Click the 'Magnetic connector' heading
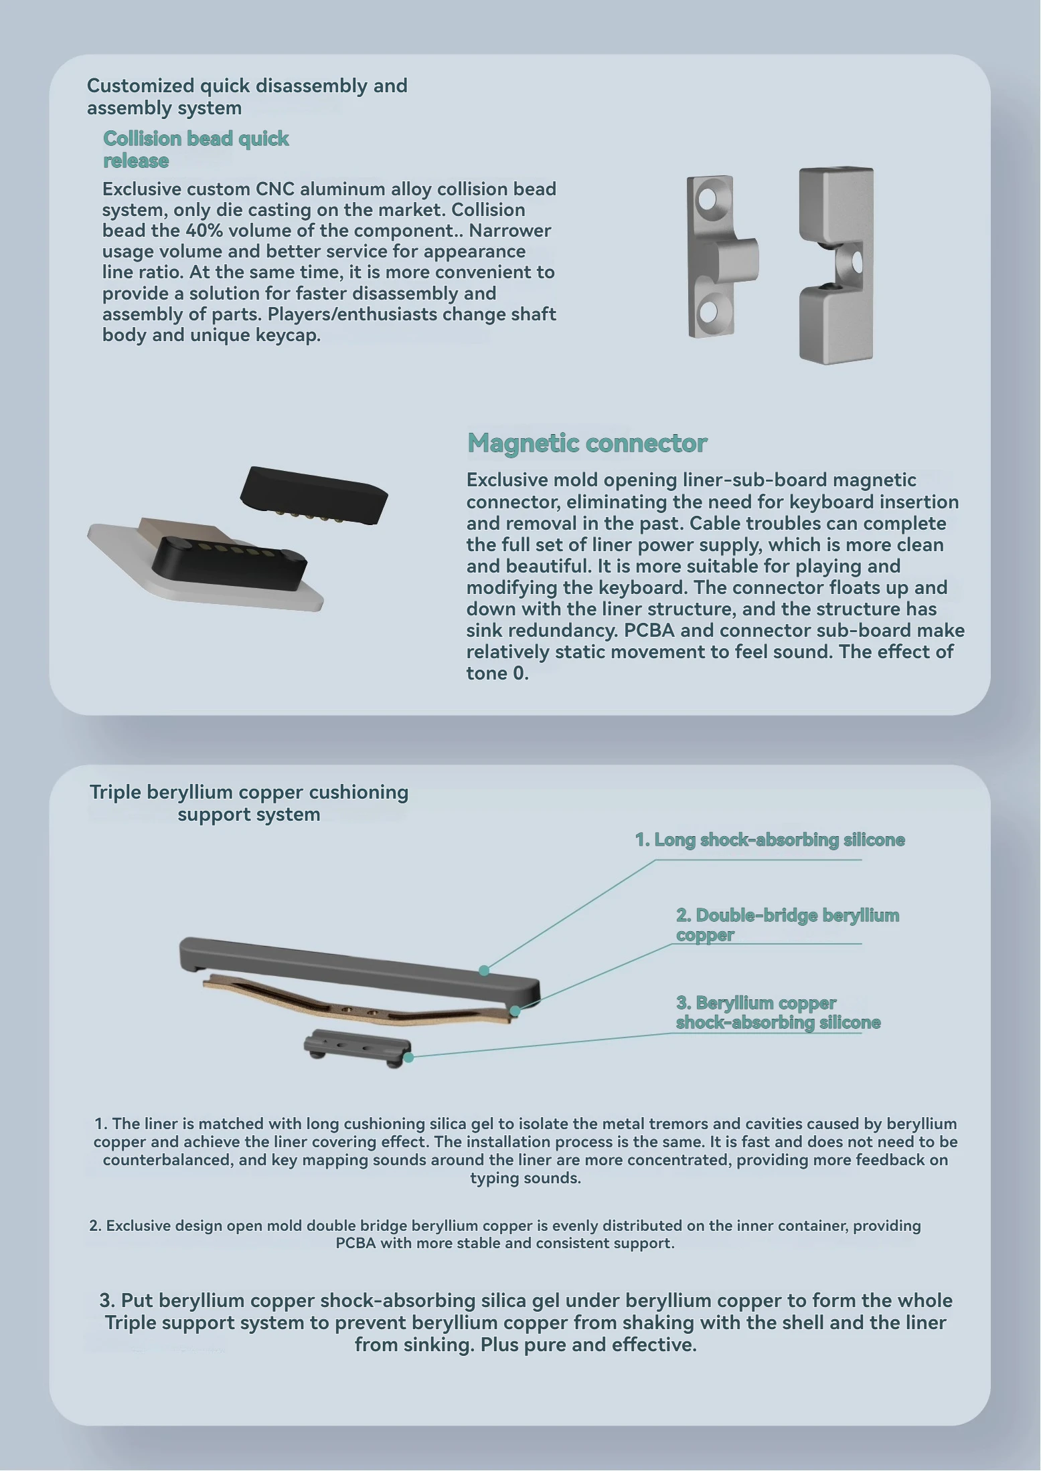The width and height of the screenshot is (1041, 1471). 587,443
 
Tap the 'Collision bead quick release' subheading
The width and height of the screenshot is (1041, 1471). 195,149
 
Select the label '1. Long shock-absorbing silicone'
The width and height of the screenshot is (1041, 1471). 770,840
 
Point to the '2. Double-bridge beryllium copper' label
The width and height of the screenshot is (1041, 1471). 787,924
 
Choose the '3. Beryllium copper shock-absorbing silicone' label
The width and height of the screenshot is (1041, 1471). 778,1012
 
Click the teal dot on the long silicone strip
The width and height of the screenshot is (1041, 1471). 484,970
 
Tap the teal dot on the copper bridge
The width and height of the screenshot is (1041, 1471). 515,1011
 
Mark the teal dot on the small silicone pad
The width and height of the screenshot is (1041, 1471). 408,1058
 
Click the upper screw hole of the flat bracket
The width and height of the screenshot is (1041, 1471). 707,199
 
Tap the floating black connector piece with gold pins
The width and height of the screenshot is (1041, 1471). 314,495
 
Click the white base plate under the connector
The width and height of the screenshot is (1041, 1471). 201,569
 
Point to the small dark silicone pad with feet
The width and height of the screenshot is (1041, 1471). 357,1048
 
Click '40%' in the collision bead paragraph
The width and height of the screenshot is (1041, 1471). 201,230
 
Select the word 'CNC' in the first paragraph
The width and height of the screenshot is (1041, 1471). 274,189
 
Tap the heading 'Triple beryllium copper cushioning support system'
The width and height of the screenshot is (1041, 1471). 249,803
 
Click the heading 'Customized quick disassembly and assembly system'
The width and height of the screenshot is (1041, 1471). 247,96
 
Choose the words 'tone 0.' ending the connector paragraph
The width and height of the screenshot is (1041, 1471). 497,673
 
